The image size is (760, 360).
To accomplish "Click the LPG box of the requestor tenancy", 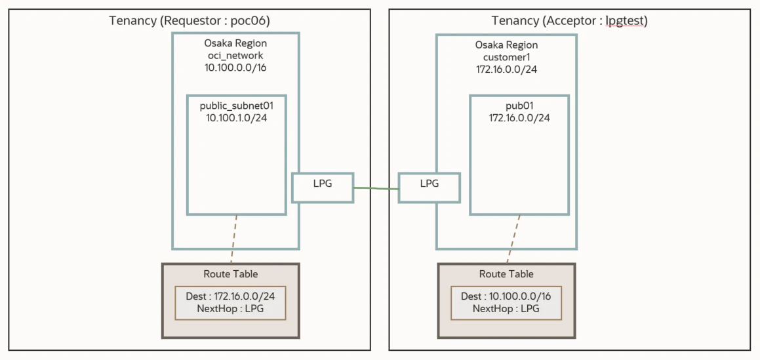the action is point(323,187).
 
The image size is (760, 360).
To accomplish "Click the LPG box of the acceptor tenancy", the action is point(429,187).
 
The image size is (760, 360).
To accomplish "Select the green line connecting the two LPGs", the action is point(376,188).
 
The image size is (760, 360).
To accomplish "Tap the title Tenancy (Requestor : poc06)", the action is point(190,21).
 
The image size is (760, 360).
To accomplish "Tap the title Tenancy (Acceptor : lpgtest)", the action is point(570,21).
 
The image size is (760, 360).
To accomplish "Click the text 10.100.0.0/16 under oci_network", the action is point(235,68).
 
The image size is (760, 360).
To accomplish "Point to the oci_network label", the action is point(235,56).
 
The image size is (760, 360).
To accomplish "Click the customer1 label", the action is point(506,58).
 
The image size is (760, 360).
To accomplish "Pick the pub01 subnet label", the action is point(519,106).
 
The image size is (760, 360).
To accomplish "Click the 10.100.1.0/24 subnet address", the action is point(237,118).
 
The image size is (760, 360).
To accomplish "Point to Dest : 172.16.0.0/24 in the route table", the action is point(230,296).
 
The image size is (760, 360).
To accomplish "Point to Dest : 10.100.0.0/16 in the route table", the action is point(506,296).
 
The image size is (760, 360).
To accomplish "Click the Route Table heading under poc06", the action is point(231,273).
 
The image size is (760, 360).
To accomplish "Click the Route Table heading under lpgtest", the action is point(506,273).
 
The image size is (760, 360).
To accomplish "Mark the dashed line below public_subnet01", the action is point(234,239).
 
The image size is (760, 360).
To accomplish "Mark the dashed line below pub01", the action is point(513,239).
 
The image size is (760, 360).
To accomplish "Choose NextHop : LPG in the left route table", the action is point(231,309).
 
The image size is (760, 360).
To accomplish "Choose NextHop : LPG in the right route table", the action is point(506,309).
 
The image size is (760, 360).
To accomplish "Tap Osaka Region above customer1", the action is point(506,45).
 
